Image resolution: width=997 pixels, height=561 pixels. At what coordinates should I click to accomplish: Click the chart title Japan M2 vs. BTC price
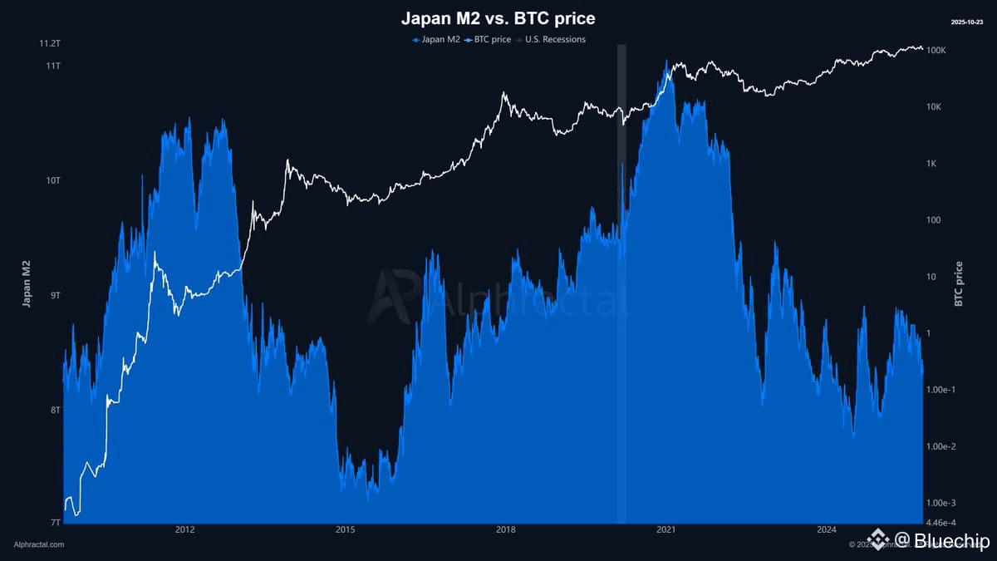(x=498, y=17)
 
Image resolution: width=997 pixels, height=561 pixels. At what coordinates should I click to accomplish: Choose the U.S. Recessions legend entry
(x=552, y=39)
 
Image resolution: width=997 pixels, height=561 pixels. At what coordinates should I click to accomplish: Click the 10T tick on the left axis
(x=52, y=180)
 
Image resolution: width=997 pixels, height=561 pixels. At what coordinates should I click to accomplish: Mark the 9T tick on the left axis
(x=55, y=296)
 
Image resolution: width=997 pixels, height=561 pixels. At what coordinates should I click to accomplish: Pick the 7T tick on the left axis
(x=55, y=522)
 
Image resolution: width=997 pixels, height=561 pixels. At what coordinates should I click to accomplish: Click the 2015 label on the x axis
(x=345, y=529)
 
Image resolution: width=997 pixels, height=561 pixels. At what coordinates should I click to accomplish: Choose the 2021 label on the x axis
(x=665, y=529)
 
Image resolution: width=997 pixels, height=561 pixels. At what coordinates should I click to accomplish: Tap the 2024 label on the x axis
(x=826, y=529)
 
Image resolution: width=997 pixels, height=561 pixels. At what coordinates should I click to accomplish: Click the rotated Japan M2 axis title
(x=26, y=283)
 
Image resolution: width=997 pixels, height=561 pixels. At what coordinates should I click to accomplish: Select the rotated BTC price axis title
(x=959, y=283)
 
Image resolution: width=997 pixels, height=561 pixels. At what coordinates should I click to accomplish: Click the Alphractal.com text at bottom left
(x=39, y=544)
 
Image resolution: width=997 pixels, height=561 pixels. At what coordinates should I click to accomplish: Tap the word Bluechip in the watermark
(x=951, y=542)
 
